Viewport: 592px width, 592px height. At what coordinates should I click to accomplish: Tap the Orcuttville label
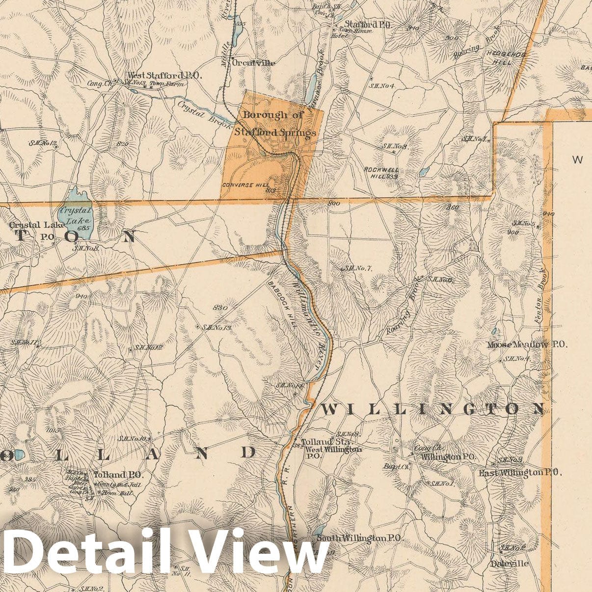[253, 63]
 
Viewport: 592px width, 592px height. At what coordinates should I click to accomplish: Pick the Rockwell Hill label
[381, 172]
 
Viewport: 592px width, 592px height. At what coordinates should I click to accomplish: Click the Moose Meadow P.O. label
[527, 345]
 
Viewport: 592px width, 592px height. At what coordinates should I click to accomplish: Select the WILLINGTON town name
[432, 408]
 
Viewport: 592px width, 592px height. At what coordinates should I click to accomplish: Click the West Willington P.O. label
[333, 452]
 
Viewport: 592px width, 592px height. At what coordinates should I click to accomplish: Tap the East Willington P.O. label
[520, 472]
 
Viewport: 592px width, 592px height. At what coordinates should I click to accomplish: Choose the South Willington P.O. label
[359, 538]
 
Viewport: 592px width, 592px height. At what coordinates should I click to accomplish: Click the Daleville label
[510, 564]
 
